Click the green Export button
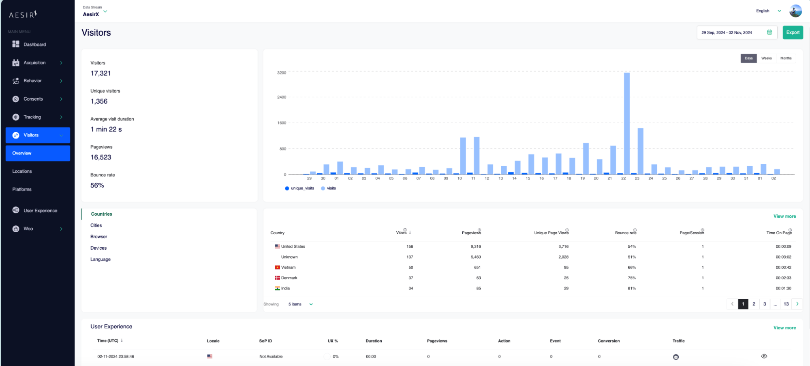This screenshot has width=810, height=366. (x=792, y=32)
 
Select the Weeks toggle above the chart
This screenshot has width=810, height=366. (x=766, y=58)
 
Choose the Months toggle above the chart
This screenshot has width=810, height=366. (x=785, y=58)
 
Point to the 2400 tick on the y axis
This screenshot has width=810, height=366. (x=282, y=97)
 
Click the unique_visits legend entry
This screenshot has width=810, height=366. (x=299, y=188)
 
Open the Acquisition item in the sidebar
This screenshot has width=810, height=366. (x=35, y=63)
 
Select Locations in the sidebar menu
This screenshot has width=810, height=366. (x=22, y=171)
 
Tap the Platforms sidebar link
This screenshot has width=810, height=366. (x=22, y=190)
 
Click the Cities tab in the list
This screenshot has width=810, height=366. (x=96, y=225)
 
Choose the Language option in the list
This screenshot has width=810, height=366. (x=100, y=259)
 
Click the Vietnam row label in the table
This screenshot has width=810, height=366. (x=288, y=268)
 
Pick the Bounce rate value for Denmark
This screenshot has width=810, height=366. (x=631, y=278)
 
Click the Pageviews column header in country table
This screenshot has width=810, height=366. (x=471, y=233)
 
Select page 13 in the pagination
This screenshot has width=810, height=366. (x=786, y=304)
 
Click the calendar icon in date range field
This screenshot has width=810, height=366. (x=769, y=32)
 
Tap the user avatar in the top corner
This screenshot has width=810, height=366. (x=795, y=11)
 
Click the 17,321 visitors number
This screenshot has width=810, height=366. (x=100, y=73)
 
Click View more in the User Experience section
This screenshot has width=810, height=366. (x=784, y=327)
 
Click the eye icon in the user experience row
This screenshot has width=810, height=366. (x=764, y=356)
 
